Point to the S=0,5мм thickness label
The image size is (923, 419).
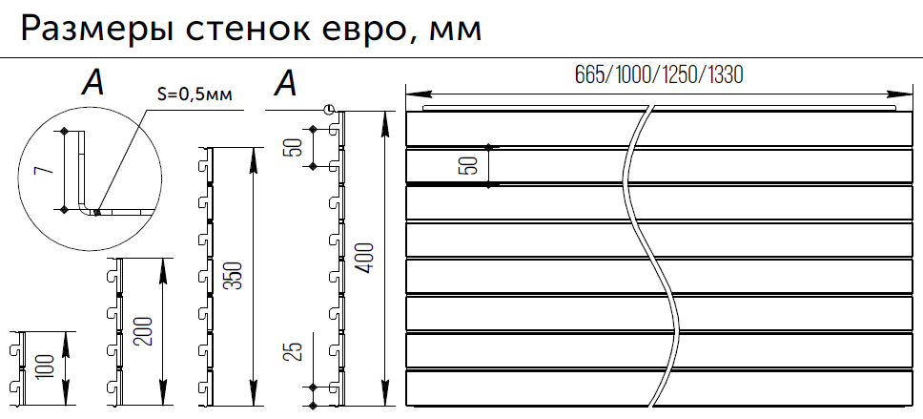[194, 94]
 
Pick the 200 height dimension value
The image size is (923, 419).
[142, 329]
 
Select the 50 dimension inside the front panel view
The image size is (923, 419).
[468, 165]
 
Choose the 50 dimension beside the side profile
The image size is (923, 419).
[294, 146]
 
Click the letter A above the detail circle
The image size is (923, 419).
[92, 85]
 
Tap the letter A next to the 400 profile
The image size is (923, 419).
[285, 85]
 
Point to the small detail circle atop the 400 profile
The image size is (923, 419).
[329, 110]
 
